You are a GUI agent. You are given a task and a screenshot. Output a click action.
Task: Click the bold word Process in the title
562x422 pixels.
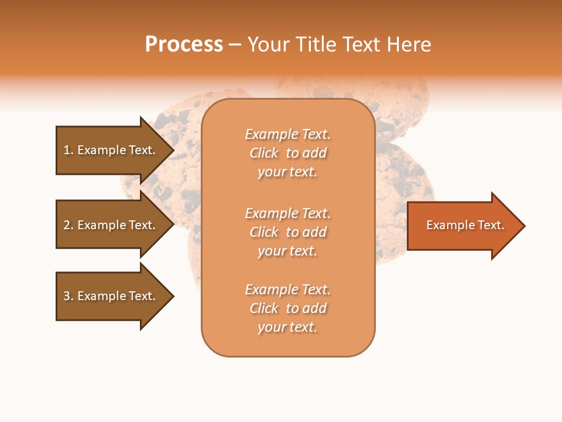pyautogui.click(x=184, y=45)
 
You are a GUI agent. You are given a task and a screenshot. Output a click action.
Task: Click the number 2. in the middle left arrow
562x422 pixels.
pyautogui.click(x=68, y=225)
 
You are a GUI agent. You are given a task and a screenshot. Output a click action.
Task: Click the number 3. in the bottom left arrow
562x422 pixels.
pyautogui.click(x=68, y=296)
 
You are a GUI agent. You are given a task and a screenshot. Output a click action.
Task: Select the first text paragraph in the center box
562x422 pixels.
pyautogui.click(x=287, y=153)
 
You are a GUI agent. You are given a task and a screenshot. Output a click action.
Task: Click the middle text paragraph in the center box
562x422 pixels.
pyautogui.click(x=287, y=232)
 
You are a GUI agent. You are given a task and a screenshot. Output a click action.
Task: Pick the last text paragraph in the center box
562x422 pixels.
pyautogui.click(x=287, y=308)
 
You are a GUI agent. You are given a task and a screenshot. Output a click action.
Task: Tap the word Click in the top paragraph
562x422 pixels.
pyautogui.click(x=264, y=153)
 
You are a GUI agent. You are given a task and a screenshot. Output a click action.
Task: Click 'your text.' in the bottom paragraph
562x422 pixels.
pyautogui.click(x=287, y=327)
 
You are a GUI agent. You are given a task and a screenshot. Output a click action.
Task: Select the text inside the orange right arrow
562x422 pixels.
pyautogui.click(x=465, y=225)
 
